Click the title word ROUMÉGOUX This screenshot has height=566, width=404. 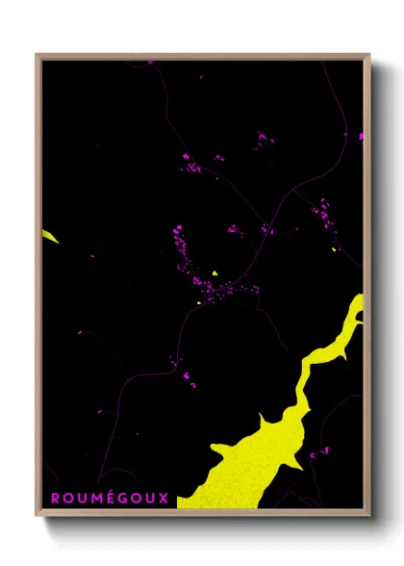[110, 498]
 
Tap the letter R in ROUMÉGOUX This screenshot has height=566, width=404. [56, 498]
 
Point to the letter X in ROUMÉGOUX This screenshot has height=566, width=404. [164, 498]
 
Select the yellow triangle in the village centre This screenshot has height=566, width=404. [216, 272]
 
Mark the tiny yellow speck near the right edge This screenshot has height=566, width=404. [334, 249]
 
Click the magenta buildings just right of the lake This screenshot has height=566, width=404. [318, 450]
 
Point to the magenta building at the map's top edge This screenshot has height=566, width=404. [150, 63]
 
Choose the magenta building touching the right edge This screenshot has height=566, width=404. [361, 137]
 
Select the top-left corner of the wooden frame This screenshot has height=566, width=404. [38, 56]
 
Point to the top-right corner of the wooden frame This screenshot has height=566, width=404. [368, 56]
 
